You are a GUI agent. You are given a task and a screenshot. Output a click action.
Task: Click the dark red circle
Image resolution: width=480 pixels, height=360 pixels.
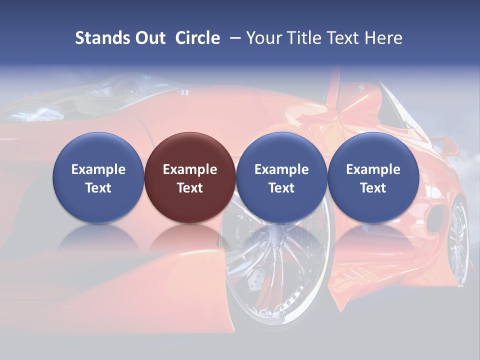(190, 177)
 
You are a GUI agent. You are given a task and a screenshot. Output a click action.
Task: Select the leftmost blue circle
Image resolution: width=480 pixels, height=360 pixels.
(98, 177)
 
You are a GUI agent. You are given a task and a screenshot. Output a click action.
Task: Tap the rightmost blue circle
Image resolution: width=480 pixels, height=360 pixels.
(373, 177)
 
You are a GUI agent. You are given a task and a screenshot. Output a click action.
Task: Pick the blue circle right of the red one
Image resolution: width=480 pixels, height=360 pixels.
(281, 177)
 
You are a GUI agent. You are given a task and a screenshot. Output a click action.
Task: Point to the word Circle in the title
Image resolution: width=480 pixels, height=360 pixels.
(197, 38)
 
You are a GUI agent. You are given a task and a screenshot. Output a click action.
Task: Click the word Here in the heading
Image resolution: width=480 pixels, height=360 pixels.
(383, 38)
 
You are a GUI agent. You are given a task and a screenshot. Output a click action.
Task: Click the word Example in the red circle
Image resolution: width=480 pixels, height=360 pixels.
(190, 169)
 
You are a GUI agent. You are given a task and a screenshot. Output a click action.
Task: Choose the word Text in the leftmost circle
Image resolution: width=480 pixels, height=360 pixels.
(98, 188)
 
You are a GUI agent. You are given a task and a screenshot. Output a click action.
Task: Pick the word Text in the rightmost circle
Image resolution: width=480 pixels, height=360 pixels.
(373, 188)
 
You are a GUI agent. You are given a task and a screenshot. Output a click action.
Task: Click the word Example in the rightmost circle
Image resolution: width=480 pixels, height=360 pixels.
(373, 169)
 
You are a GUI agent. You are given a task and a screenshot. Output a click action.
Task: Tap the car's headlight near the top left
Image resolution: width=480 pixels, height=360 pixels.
(125, 88)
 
